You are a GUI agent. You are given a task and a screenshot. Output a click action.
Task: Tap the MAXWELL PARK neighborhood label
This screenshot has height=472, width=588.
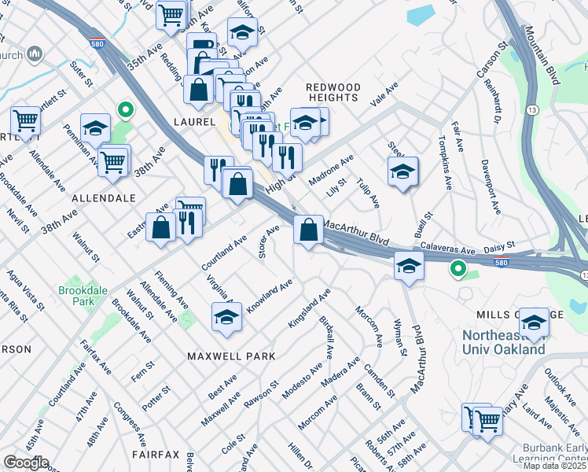[x=231, y=356]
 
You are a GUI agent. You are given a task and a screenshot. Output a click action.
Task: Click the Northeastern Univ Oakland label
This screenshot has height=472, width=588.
[x=503, y=342]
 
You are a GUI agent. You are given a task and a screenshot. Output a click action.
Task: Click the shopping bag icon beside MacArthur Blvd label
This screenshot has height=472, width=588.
[x=309, y=230]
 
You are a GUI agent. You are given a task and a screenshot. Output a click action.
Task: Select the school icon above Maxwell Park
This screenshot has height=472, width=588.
[x=226, y=317]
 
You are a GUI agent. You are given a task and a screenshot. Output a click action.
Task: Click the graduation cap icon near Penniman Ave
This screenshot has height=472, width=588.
[x=95, y=129]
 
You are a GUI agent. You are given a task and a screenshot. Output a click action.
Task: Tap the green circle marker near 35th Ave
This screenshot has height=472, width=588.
[x=123, y=109]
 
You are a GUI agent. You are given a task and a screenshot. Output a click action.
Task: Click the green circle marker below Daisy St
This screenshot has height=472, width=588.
[x=457, y=270]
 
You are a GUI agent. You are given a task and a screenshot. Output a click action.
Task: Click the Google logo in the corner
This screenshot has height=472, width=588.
[x=25, y=463]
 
